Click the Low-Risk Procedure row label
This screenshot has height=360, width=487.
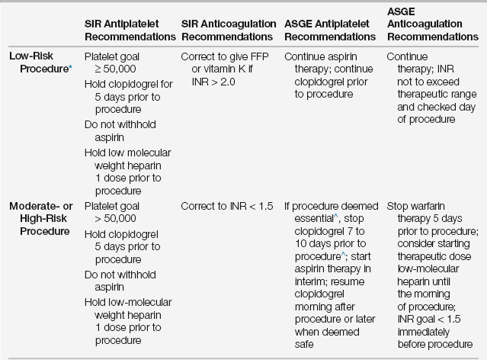pos(38,63)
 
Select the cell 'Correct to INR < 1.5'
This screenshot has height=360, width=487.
pos(228,206)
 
